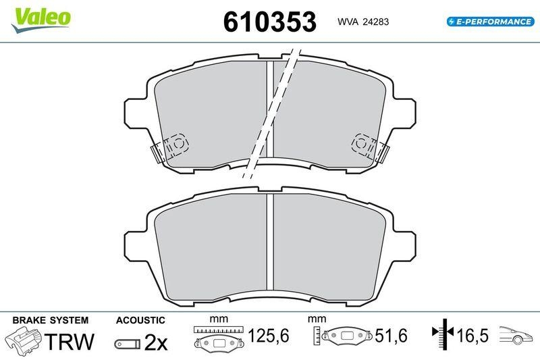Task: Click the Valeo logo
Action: [x=40, y=16]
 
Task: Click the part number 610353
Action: [x=269, y=21]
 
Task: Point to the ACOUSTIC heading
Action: [x=140, y=319]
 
